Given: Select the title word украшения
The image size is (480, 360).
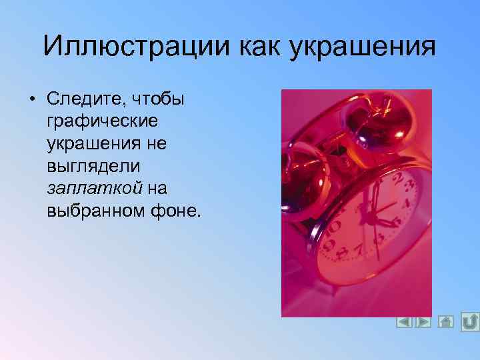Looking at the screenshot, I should pos(362,47).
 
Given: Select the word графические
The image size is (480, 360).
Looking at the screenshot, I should pos(102,122).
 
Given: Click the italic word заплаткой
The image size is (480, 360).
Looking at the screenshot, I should pos(95,188).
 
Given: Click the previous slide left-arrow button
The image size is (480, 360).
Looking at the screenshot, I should pos(403,322).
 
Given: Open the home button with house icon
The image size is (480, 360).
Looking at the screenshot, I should pos(446,322).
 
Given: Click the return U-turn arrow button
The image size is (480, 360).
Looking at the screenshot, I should pos(470,321).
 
